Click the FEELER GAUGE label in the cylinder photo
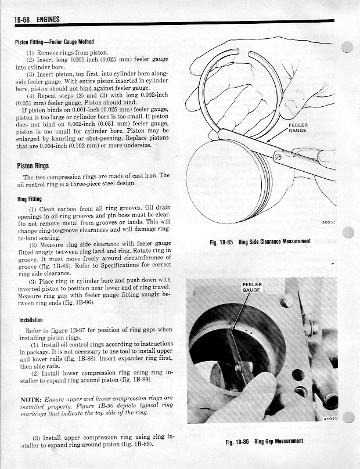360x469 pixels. (252, 287)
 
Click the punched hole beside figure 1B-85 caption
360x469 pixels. (348, 232)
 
